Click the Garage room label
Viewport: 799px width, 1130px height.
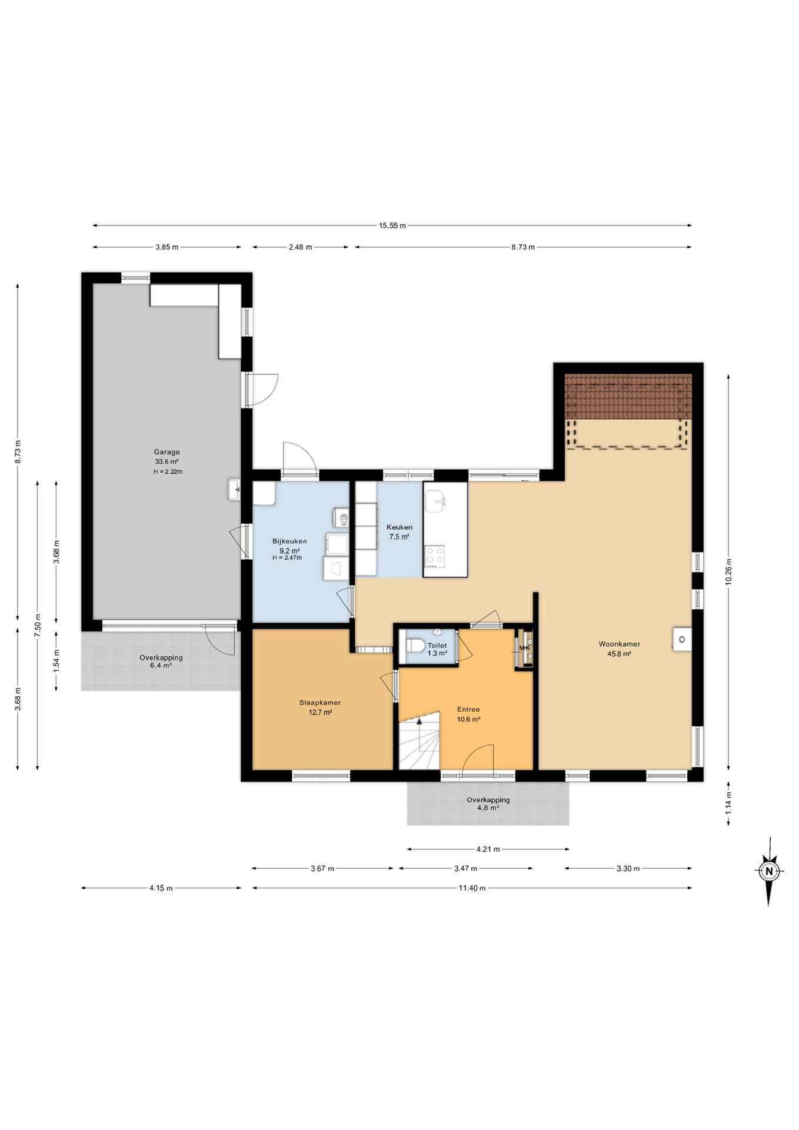coord(167,452)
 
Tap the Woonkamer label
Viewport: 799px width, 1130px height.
coord(619,644)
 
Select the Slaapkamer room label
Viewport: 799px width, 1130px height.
coord(320,703)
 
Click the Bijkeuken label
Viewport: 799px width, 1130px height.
coord(289,541)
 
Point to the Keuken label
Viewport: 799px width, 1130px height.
coord(399,527)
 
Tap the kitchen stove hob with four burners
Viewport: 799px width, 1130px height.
coord(435,557)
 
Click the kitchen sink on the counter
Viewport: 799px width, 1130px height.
coord(436,501)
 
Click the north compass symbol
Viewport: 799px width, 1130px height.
coord(768,871)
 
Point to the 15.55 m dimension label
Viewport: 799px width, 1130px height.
coord(392,225)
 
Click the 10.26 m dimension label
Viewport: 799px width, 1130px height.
coord(728,571)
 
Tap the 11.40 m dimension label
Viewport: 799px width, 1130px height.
coord(472,888)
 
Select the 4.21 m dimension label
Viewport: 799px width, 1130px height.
coord(488,849)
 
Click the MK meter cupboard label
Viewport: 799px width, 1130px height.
coord(525,648)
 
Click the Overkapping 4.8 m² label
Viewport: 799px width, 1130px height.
coord(488,804)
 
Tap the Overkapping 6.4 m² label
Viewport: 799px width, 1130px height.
coord(161,662)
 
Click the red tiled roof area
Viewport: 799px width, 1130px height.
coord(628,397)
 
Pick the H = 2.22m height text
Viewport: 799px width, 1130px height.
coord(168,472)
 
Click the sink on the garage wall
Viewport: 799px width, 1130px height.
coord(235,490)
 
